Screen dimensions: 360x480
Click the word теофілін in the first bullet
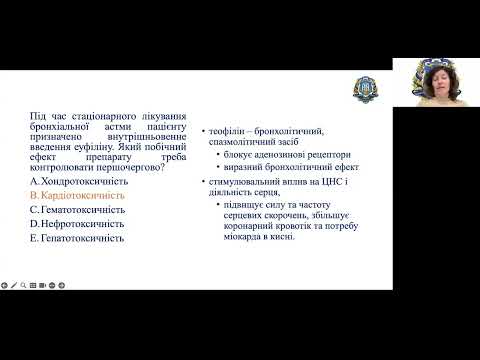click(227, 132)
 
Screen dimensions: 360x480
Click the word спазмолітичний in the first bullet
click(242, 144)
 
